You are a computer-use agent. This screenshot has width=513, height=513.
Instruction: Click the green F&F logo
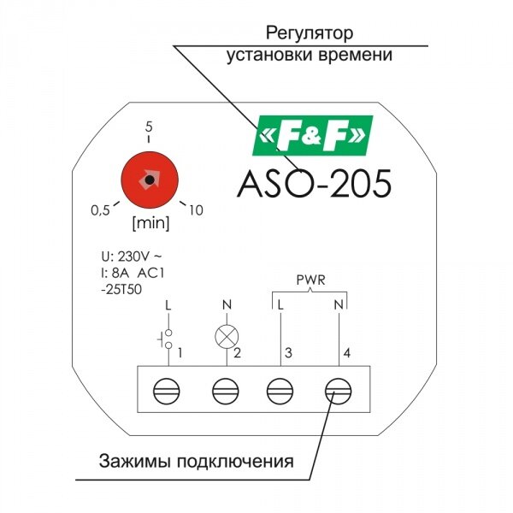click(313, 135)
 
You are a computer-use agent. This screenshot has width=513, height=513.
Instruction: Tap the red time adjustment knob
click(150, 180)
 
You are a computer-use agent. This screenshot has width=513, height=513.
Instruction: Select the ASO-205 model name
click(314, 183)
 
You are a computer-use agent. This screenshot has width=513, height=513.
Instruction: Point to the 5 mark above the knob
click(149, 127)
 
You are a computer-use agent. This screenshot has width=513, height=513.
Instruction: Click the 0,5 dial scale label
click(100, 210)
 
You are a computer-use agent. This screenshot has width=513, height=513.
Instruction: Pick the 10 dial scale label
click(196, 210)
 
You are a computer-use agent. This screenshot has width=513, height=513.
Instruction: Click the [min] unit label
click(150, 223)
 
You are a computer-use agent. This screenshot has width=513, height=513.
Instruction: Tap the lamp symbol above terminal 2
click(227, 337)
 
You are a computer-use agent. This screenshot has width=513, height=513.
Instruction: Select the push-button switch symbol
click(165, 339)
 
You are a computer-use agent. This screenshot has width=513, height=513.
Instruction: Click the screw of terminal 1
click(167, 391)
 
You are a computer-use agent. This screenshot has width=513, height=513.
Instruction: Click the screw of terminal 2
click(226, 391)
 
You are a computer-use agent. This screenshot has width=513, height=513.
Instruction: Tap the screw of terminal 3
click(280, 391)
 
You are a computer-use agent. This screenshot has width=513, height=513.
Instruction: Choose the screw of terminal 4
click(339, 391)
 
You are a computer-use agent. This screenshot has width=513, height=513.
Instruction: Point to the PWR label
click(310, 280)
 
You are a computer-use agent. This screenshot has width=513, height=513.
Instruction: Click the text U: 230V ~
click(132, 257)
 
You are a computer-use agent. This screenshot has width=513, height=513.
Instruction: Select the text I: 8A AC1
click(133, 274)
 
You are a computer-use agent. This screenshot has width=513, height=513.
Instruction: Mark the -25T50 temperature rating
click(121, 290)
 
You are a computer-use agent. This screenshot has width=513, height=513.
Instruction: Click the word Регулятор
click(310, 33)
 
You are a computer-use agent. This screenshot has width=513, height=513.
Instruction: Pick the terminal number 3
click(288, 353)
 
